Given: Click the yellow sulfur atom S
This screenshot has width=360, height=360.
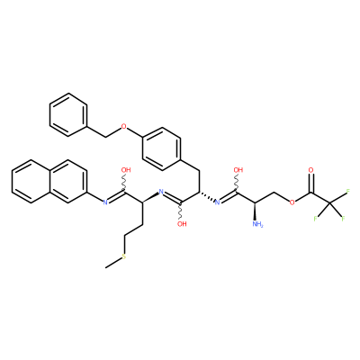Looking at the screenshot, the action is coord(124,256).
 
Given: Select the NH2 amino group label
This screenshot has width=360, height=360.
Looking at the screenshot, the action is coord(257,224).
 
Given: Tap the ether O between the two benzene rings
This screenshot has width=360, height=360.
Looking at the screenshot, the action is coord(124,127).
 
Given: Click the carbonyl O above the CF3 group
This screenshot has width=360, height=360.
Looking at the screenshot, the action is coord(310,170).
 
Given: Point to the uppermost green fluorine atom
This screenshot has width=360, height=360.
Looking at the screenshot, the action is coord(348,192).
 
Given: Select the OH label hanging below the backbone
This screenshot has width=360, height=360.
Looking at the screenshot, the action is coord(182,224).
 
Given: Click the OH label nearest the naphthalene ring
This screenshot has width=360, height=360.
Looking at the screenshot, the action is coord(126,170).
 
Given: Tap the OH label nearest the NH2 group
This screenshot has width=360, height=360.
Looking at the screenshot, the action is coord(238,170).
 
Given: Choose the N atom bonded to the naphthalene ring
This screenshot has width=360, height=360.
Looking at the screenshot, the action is coord(105,202).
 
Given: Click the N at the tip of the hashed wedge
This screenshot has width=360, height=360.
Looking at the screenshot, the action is coord(218,202).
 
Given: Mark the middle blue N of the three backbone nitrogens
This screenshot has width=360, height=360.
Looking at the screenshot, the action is coord(161,192).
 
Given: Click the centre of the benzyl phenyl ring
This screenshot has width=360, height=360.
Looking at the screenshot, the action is coord(68,115).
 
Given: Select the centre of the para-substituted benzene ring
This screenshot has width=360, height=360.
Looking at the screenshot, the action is coord(162,149).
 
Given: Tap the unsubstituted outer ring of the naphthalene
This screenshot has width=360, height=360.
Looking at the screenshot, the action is coord(31,182).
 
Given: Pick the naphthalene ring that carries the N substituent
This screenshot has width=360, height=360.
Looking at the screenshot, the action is coord(68,182).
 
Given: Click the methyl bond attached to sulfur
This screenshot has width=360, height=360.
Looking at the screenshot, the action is coord(113,263).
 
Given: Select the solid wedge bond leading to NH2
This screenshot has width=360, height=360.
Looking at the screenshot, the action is coord(256,211).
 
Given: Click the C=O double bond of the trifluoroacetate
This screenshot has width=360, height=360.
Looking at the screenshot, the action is coord(310,184).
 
